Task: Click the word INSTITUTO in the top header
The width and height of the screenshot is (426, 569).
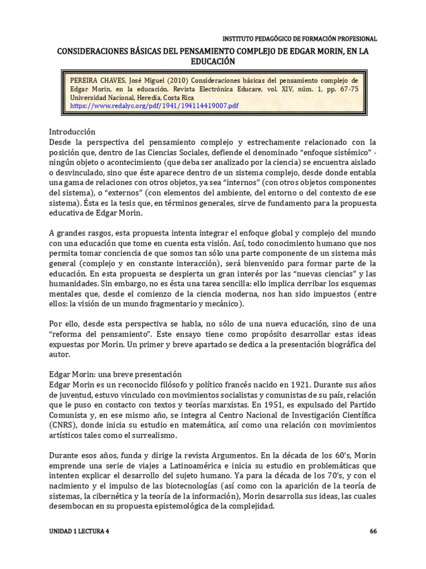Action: pyautogui.click(x=238, y=39)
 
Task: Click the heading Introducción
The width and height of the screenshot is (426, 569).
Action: pyautogui.click(x=72, y=132)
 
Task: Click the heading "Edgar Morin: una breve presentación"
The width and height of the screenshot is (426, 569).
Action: pyautogui.click(x=115, y=374)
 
